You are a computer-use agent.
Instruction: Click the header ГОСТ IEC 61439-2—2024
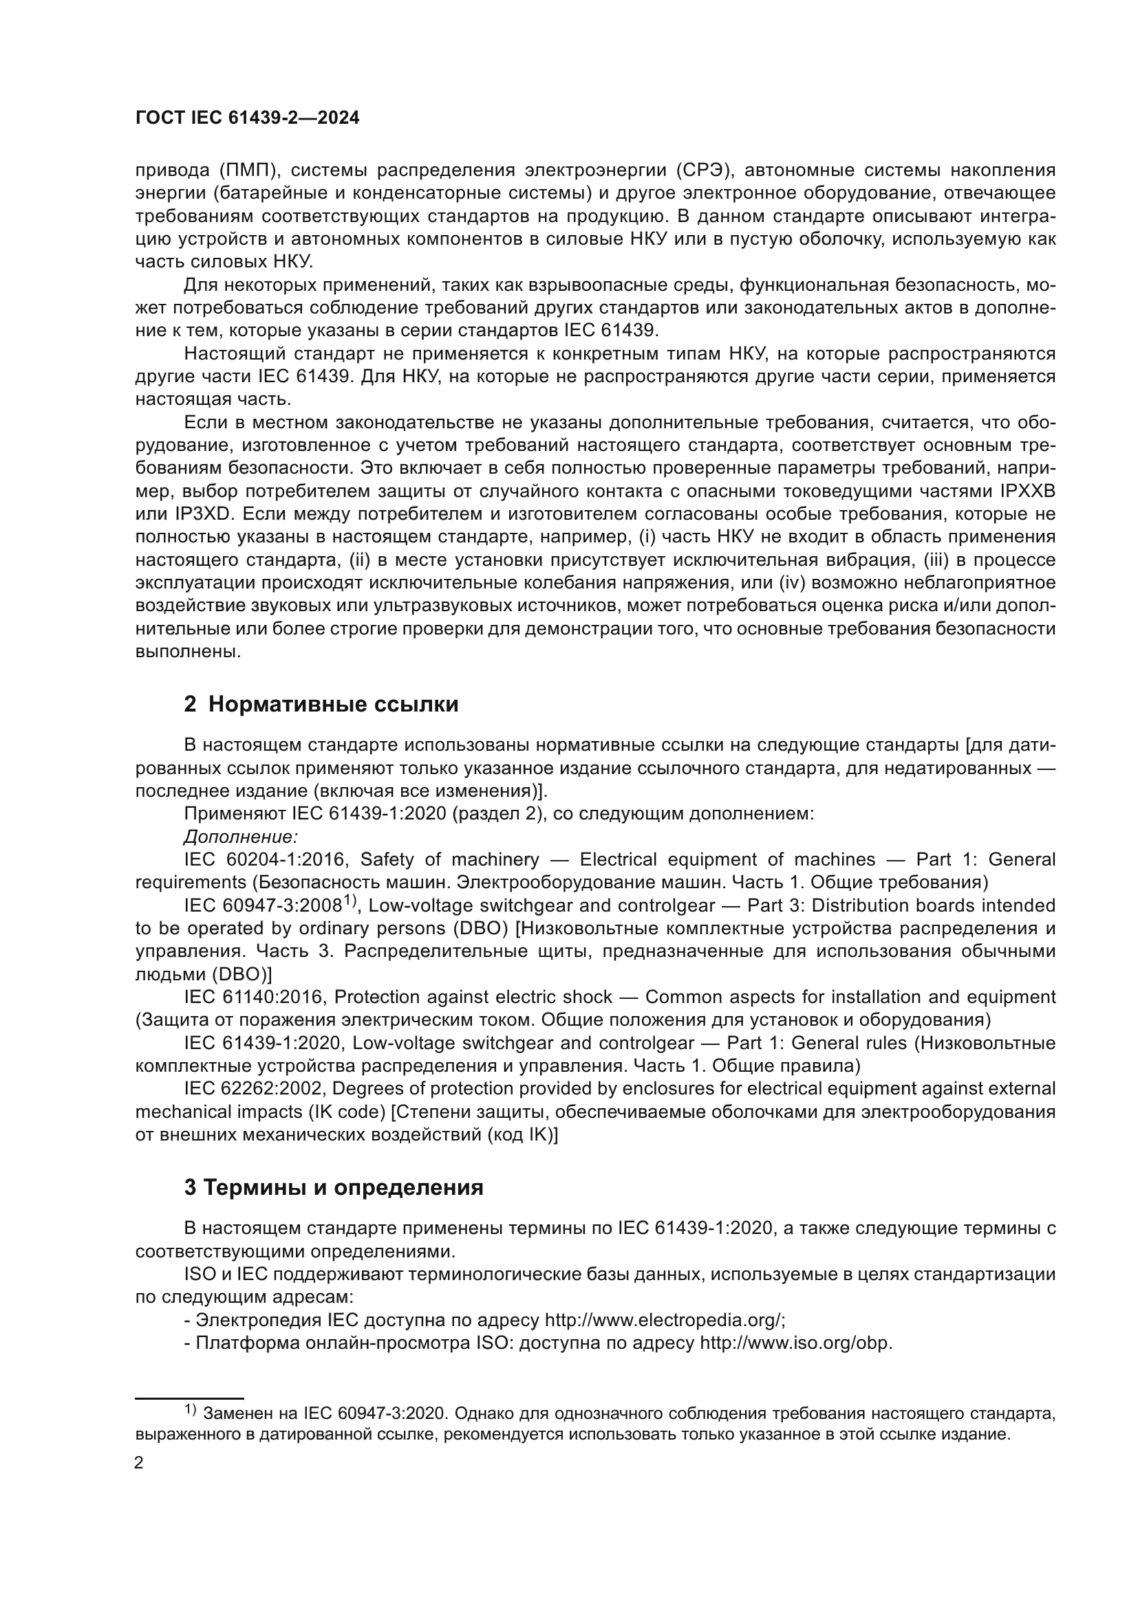(x=247, y=118)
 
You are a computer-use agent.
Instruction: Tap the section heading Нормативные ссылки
(x=333, y=704)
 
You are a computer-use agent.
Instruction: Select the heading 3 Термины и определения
(x=334, y=1187)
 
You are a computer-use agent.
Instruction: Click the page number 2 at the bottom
(x=139, y=1462)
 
